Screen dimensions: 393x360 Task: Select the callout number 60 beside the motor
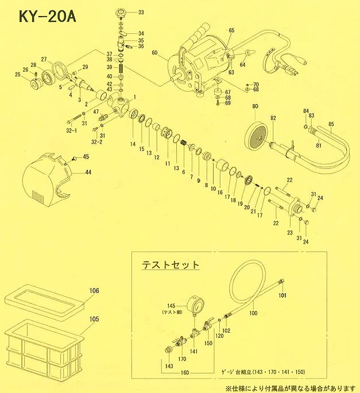click(154, 52)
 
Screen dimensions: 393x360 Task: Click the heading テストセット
click(171, 265)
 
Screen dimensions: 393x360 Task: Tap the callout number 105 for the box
click(94, 318)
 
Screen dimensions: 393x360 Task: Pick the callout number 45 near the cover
click(86, 157)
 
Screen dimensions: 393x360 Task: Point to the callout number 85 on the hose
click(331, 124)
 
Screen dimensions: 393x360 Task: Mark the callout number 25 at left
click(18, 75)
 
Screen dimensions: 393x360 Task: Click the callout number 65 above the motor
click(232, 30)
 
